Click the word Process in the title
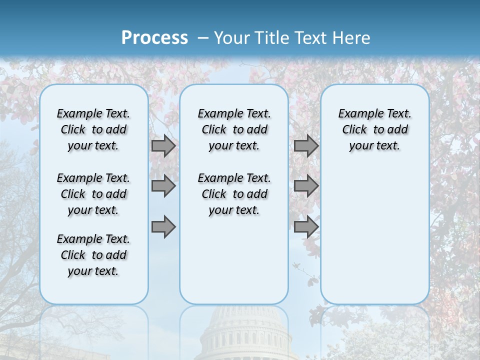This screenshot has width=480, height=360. (x=154, y=38)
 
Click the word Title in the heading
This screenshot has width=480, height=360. (x=270, y=38)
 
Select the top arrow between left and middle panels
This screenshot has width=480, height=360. (x=163, y=146)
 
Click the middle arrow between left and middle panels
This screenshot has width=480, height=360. (x=163, y=186)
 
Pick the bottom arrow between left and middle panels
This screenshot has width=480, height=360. (x=163, y=226)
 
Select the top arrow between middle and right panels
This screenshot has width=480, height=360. (x=306, y=146)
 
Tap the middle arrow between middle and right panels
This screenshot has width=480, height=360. (x=306, y=186)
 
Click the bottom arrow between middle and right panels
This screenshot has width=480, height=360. (x=306, y=226)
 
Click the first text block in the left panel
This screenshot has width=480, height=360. (x=93, y=129)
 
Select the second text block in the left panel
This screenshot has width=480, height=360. (x=93, y=194)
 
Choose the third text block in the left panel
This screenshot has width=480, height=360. (x=93, y=255)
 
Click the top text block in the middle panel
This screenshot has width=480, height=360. (x=234, y=129)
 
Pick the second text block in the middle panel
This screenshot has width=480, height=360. (x=234, y=194)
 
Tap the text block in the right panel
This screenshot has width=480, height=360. (x=374, y=129)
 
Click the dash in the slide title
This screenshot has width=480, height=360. (x=202, y=38)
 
